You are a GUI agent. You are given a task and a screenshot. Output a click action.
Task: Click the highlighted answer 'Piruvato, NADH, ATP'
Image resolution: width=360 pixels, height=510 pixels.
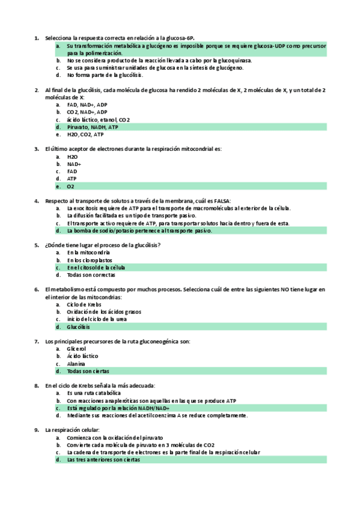tap(93, 127)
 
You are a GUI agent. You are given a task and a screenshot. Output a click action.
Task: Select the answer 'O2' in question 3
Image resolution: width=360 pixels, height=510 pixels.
tap(70, 186)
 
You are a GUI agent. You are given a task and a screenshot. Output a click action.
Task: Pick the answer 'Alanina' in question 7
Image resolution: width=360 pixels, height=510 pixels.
tap(76, 364)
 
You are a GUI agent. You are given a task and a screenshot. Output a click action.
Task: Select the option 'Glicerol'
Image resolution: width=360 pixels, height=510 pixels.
tap(76, 349)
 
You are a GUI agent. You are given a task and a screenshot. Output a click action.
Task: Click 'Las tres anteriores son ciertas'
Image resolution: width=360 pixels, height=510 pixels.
tap(103, 459)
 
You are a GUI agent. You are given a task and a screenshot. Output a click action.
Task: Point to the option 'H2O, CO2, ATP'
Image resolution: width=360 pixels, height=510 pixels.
tap(85, 135)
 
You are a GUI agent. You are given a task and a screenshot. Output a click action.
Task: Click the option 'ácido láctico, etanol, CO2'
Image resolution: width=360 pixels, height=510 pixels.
tap(99, 120)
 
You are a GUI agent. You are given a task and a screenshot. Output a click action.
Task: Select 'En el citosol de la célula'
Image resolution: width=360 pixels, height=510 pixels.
tap(96, 268)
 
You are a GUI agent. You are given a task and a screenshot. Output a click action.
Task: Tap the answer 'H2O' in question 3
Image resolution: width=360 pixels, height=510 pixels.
tap(72, 156)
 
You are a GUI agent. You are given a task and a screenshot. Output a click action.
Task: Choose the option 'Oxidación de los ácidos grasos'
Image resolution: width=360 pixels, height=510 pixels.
tap(104, 312)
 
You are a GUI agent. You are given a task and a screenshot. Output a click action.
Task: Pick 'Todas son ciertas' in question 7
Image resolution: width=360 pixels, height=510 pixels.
tap(88, 371)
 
